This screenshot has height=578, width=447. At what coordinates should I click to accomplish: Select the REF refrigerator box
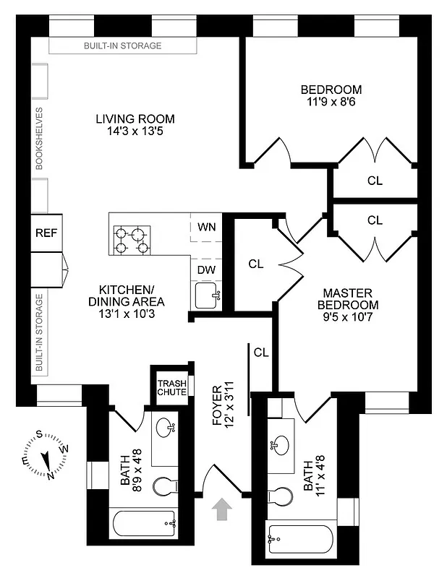(45, 233)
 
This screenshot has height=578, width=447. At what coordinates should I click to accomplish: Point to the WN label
(207, 226)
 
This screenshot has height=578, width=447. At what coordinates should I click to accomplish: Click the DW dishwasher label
(206, 269)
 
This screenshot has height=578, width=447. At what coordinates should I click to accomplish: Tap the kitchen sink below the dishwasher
(207, 295)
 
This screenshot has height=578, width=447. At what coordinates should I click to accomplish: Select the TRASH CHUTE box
(172, 387)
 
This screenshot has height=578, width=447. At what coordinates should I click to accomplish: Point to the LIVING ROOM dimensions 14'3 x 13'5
(135, 131)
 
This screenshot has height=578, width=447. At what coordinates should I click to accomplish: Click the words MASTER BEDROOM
(347, 298)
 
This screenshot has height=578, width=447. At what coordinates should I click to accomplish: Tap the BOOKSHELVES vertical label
(40, 139)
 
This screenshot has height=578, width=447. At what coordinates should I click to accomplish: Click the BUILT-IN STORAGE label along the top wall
(122, 46)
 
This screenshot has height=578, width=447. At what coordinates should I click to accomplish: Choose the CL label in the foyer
(261, 353)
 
